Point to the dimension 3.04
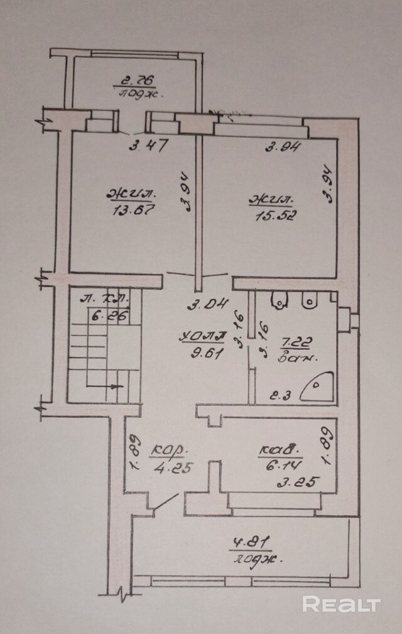tap(206, 306)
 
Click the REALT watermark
tap(342, 604)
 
